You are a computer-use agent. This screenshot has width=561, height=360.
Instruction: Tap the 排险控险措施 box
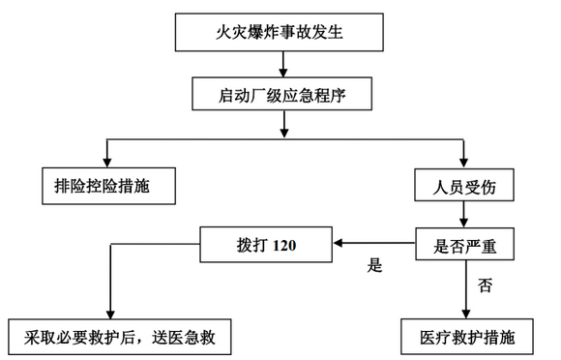point(108,184)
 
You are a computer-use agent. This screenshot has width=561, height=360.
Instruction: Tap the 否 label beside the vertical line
point(484,285)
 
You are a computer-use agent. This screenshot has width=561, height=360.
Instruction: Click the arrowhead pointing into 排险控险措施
point(108,160)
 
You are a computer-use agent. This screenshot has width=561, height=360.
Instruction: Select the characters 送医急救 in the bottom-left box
point(184,338)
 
